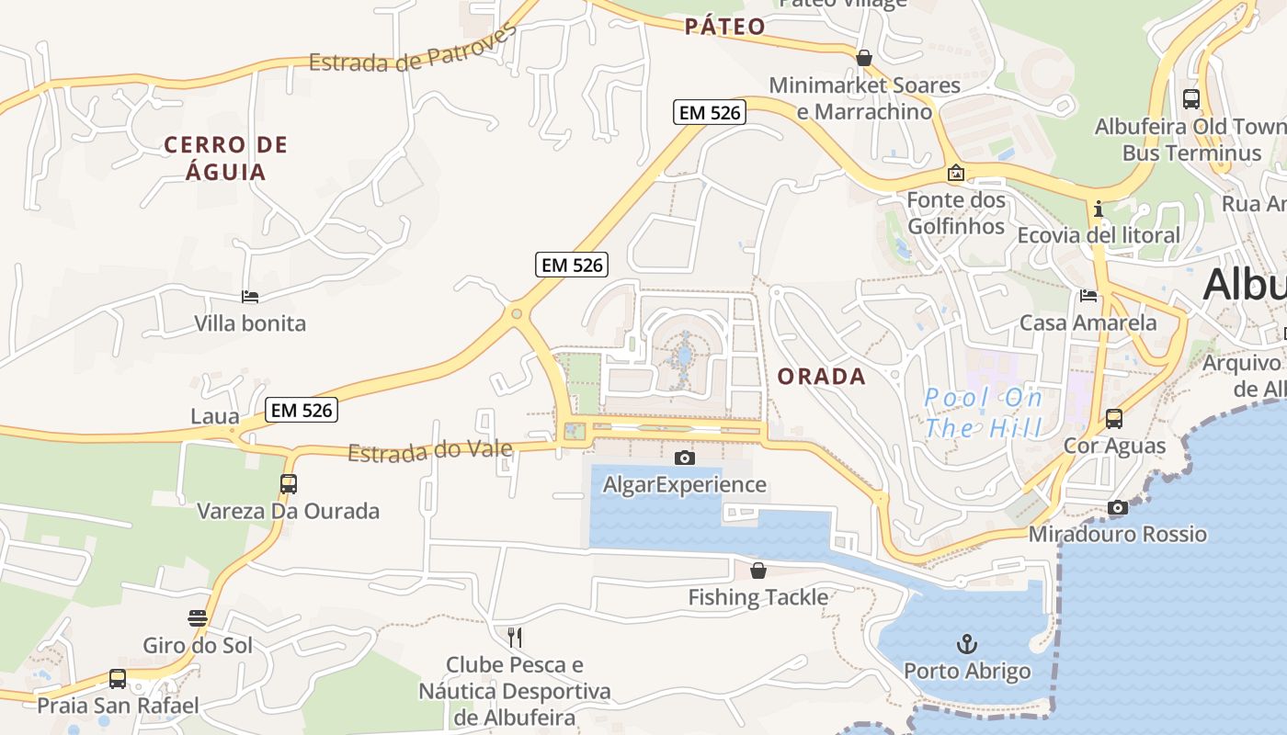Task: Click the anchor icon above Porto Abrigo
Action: (966, 643)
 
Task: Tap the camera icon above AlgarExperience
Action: (684, 458)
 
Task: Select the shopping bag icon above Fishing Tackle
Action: (758, 571)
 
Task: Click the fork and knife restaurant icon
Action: (515, 637)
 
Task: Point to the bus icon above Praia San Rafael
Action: (118, 679)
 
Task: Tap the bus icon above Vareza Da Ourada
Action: (289, 483)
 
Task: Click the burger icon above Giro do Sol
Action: (197, 617)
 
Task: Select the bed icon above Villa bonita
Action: (249, 296)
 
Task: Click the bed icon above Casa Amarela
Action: (1088, 295)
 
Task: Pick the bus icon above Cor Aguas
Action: (1114, 419)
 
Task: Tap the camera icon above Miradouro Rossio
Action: (1118, 507)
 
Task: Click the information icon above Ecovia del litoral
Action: (1099, 209)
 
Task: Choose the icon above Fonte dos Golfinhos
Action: (956, 173)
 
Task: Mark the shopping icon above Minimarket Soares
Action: (864, 58)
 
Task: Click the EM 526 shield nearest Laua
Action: (302, 410)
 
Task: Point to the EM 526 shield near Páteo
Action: (709, 113)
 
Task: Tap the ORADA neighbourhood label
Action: (821, 376)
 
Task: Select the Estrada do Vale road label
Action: (429, 451)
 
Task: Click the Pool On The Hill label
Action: (984, 413)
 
